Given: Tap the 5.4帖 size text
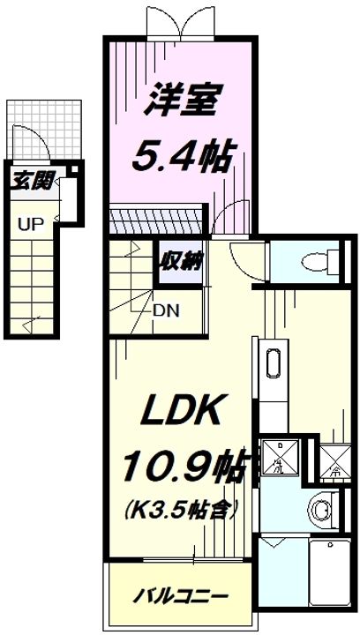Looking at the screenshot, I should click(183, 159).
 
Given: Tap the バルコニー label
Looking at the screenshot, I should click(182, 596).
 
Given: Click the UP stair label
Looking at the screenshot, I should click(30, 223).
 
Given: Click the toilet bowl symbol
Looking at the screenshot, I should click(313, 260).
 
